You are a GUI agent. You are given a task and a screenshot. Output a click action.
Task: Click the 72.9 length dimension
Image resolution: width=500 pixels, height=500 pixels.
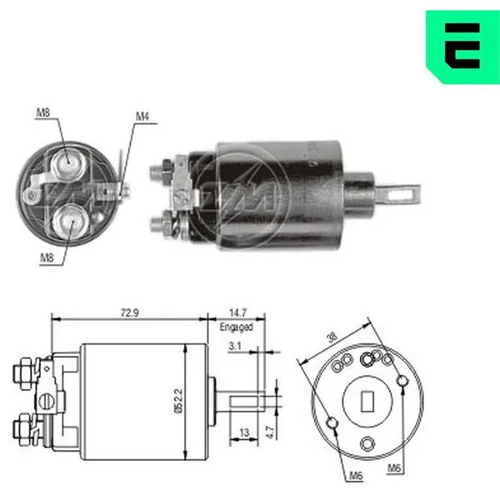[x=130, y=312]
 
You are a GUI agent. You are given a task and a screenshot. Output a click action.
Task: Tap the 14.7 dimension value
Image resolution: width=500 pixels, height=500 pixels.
[x=237, y=312]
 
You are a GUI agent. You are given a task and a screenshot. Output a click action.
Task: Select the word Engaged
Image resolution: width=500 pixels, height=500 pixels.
[x=237, y=327]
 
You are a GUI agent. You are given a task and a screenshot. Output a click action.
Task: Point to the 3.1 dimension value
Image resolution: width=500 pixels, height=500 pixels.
[x=235, y=346]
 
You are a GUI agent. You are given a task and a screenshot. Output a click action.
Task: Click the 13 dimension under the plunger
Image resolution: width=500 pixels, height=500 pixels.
[x=244, y=432]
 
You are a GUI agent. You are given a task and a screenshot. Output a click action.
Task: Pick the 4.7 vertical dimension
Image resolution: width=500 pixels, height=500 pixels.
[x=270, y=432]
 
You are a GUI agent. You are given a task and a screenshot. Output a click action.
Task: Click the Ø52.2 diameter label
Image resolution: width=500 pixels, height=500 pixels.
[x=179, y=401]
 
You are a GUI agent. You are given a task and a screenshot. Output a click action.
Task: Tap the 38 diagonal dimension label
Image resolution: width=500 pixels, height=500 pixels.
[x=332, y=337]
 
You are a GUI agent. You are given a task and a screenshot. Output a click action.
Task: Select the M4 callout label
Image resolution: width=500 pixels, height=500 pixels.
[x=142, y=117]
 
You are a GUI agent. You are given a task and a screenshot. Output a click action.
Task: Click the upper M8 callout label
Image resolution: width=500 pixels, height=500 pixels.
[x=43, y=112]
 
